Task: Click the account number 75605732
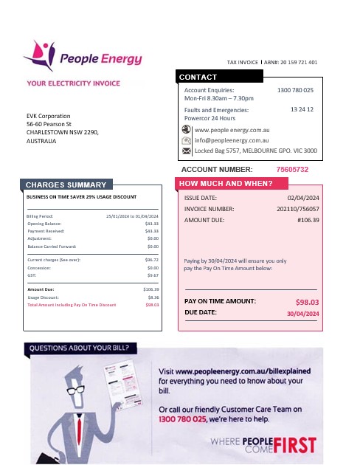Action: point(292,170)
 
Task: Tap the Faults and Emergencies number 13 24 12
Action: point(302,109)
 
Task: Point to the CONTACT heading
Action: point(198,77)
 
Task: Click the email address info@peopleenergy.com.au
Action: point(231,139)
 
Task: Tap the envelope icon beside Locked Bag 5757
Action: point(186,151)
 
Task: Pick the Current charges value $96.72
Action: point(152,260)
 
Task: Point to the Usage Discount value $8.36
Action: point(153,297)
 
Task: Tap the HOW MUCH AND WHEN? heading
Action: point(226,184)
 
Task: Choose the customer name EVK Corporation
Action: point(49,117)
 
